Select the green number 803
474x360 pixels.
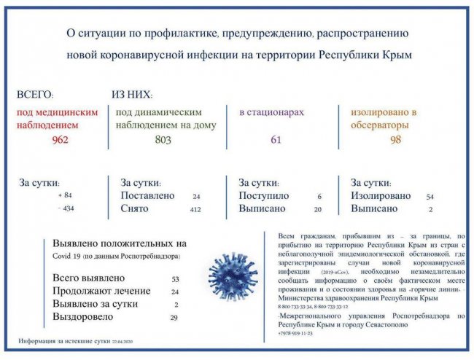pyautogui.click(x=163, y=141)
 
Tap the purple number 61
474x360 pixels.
pyautogui.click(x=276, y=141)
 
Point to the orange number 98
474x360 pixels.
pyautogui.click(x=396, y=141)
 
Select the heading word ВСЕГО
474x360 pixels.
pyautogui.click(x=35, y=95)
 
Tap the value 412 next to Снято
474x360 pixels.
pyautogui.click(x=195, y=210)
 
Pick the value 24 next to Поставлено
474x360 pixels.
pyautogui.click(x=196, y=197)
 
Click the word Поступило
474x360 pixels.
pyautogui.click(x=264, y=196)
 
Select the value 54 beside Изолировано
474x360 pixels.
pyautogui.click(x=430, y=197)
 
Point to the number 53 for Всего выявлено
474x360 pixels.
pyautogui.click(x=175, y=279)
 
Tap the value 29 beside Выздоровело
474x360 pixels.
pyautogui.click(x=174, y=318)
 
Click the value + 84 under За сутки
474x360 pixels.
pyautogui.click(x=66, y=196)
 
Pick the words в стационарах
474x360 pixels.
pyautogui.click(x=271, y=113)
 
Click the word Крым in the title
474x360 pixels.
pyautogui.click(x=397, y=55)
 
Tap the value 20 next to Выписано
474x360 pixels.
pyautogui.click(x=317, y=210)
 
